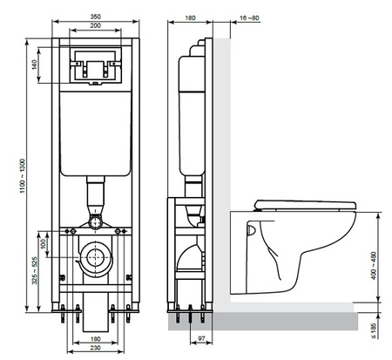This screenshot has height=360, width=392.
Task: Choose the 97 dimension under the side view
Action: tap(201, 337)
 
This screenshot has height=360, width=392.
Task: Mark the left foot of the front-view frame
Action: tap(64, 309)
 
